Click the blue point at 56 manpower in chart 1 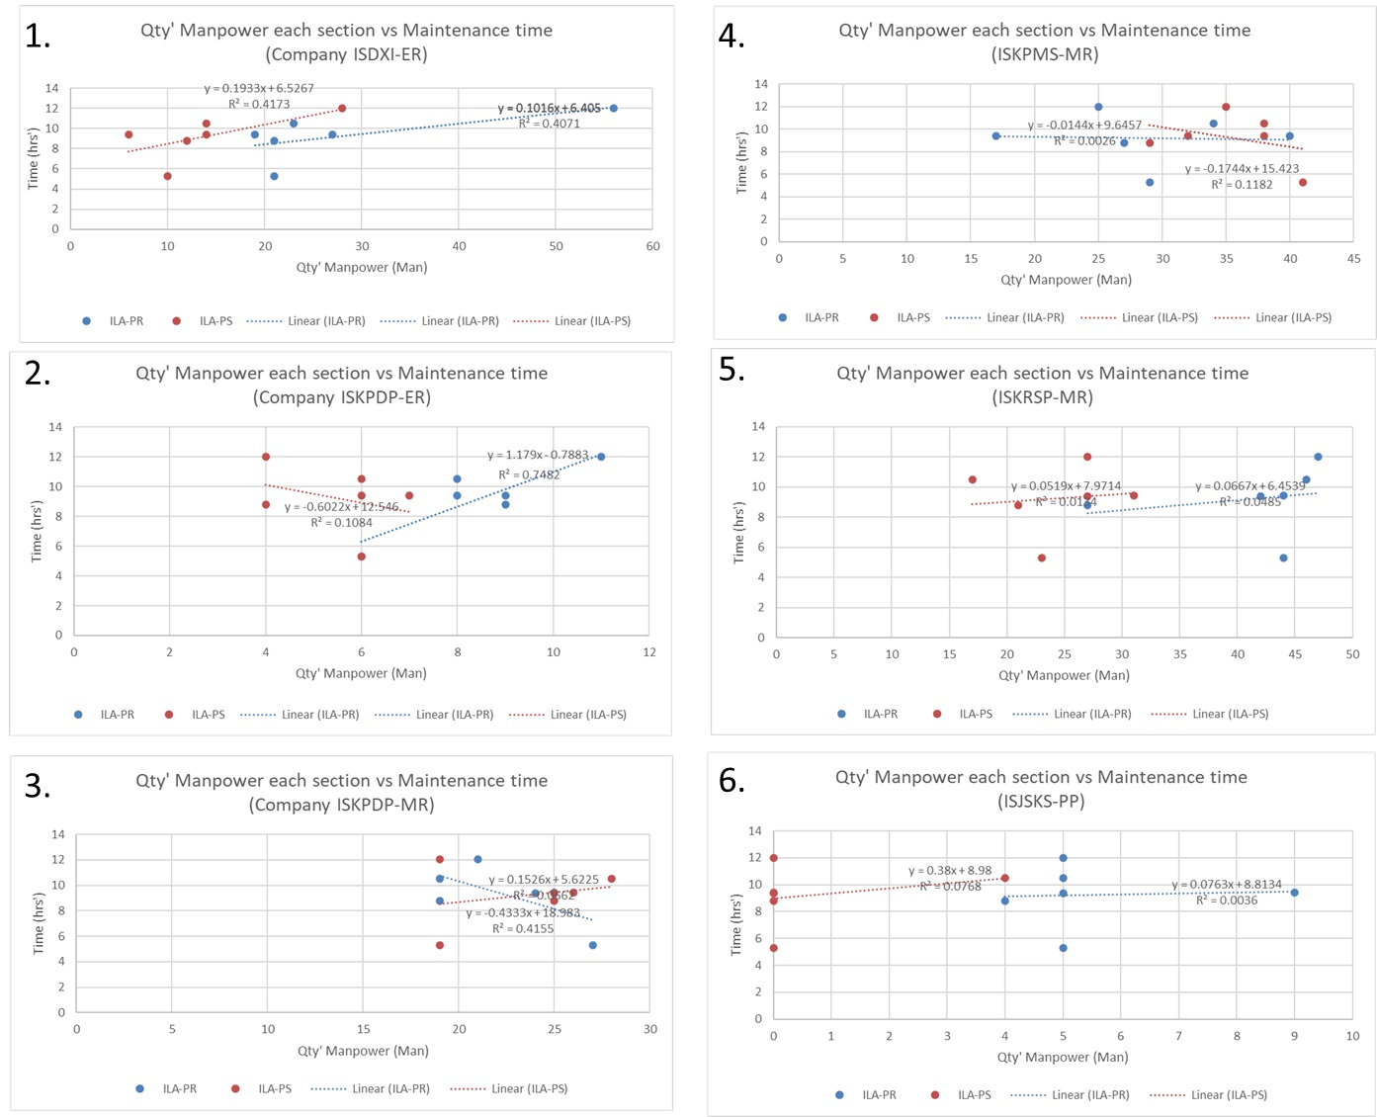tap(614, 109)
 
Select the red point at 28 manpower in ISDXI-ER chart tap(342, 109)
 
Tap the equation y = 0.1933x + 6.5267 tap(259, 89)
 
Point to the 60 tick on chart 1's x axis tap(652, 246)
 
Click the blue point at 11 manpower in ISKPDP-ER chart tap(601, 457)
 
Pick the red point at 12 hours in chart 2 tap(266, 457)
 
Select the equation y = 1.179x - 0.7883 tap(538, 456)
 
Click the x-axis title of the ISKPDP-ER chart tap(361, 673)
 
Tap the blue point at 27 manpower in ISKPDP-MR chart tap(593, 946)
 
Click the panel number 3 tap(38, 786)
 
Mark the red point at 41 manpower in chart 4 tap(1303, 183)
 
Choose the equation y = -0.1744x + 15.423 tap(1242, 169)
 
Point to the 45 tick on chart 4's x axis tap(1353, 259)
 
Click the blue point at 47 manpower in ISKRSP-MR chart tap(1318, 457)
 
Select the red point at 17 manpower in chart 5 tap(973, 480)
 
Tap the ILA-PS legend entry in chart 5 tap(965, 714)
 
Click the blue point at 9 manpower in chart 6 tap(1294, 893)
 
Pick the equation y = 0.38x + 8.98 tap(950, 871)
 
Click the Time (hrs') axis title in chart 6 tap(736, 925)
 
